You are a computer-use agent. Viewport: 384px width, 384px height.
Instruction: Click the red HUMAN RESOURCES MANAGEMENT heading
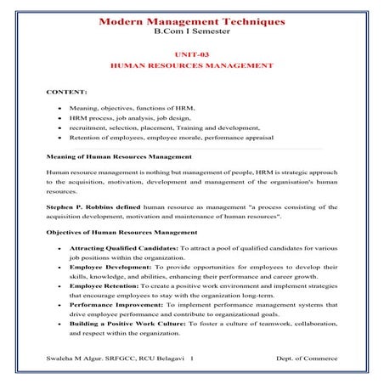tap(191, 65)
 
